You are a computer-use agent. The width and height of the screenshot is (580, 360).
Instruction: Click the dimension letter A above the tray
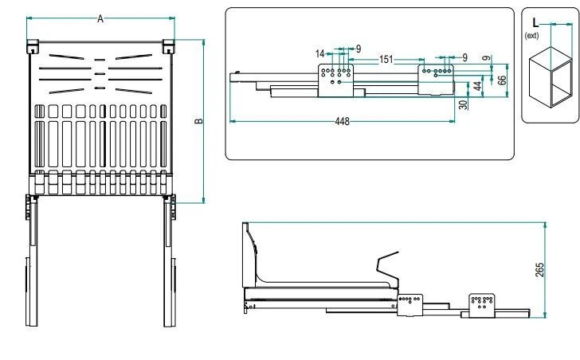tap(100, 18)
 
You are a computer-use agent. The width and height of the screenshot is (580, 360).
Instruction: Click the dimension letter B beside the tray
tap(199, 120)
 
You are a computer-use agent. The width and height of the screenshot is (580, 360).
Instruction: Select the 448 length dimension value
tap(342, 121)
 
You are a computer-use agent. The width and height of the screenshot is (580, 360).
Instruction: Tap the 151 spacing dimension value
tap(386, 59)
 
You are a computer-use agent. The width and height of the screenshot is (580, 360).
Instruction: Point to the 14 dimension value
tap(320, 53)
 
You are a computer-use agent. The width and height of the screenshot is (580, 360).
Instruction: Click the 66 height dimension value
tap(502, 80)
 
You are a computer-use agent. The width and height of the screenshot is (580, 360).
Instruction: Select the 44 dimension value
tap(477, 86)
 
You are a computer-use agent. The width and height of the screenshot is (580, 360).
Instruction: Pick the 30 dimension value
tap(463, 105)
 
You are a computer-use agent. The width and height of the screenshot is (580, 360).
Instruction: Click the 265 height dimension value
tap(539, 270)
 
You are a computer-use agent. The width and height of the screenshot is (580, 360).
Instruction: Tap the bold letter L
tap(535, 23)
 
